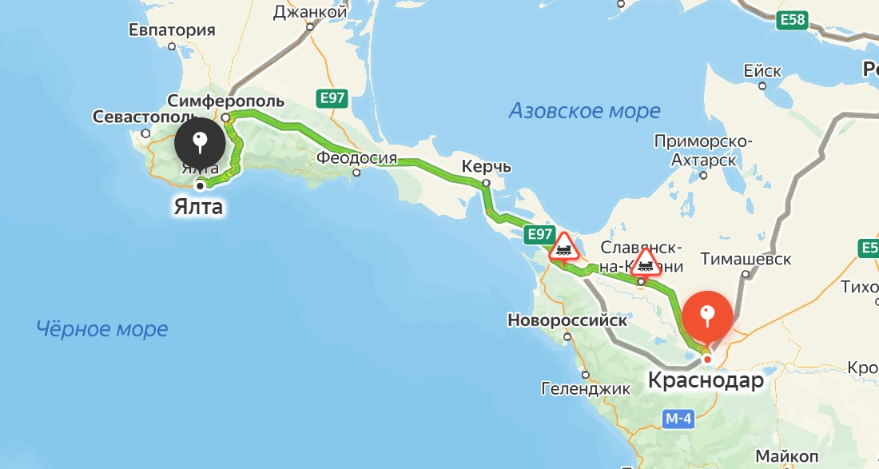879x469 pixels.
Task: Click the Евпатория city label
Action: click(x=172, y=30)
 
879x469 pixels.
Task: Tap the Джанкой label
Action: click(x=310, y=12)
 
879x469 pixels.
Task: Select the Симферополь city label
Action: click(x=226, y=100)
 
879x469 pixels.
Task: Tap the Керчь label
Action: click(x=486, y=167)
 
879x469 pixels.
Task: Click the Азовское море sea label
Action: click(x=585, y=111)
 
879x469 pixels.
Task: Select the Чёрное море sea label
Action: click(x=102, y=328)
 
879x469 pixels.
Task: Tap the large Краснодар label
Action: click(x=706, y=381)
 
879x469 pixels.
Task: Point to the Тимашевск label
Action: click(x=746, y=259)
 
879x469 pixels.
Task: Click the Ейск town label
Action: click(x=762, y=71)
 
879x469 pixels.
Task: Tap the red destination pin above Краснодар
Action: click(x=706, y=316)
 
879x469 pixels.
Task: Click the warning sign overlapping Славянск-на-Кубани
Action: click(x=646, y=261)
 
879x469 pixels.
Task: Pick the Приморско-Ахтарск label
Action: click(x=703, y=151)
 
